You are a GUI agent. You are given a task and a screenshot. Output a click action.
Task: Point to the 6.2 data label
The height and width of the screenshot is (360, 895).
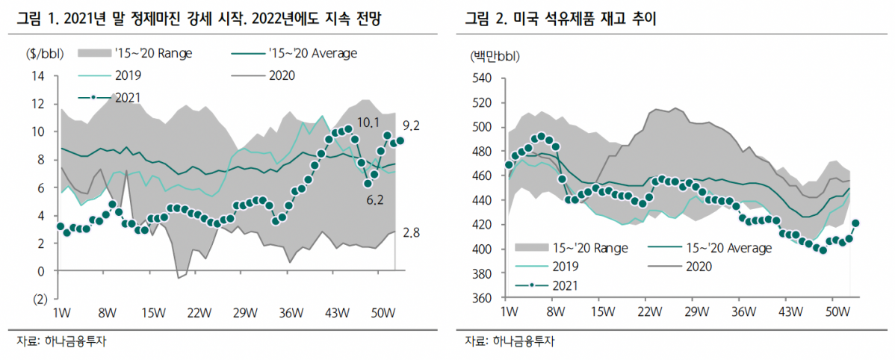click(x=374, y=200)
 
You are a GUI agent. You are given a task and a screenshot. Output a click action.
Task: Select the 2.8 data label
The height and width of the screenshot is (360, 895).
click(x=412, y=234)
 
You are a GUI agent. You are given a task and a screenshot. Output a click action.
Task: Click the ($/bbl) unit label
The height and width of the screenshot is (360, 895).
click(x=44, y=54)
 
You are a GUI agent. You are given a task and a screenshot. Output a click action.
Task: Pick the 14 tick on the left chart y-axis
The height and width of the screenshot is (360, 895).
click(x=39, y=75)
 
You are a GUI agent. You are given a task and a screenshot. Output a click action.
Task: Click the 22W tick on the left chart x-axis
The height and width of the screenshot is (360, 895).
click(x=199, y=312)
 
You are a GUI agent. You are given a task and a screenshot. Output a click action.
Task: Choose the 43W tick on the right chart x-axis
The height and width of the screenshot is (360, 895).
click(x=790, y=311)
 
